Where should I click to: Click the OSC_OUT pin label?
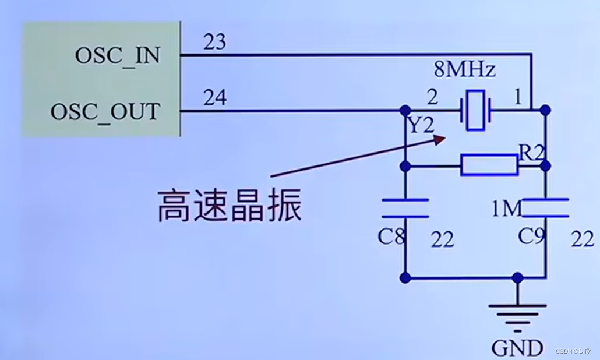pos(105,111)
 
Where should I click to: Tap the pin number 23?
pos(214,42)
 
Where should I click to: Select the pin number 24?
pos(214,98)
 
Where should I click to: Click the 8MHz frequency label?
pos(465,70)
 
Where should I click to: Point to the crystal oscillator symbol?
pos(475,109)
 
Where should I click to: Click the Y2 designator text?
pos(421,125)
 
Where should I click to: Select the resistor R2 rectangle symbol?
pos(489,165)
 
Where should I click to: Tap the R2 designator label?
pos(531,153)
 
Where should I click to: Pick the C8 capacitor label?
pos(391,237)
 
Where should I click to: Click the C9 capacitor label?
pos(531,237)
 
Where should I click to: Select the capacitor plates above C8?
pos(405,208)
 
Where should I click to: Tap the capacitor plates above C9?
pos(545,207)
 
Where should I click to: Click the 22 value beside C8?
pos(443,238)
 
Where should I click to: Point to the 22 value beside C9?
pos(583,238)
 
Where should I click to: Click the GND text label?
pos(517,348)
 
